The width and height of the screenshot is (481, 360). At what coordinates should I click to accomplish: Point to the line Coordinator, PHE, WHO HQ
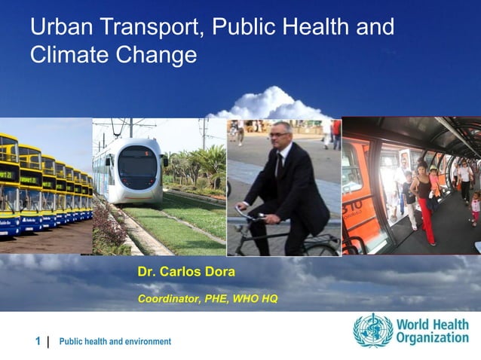(207, 299)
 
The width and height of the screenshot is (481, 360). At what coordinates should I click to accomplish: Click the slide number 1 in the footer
(38, 341)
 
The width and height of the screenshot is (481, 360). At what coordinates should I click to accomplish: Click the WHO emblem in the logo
(372, 330)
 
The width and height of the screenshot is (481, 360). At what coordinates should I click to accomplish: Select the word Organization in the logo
(433, 338)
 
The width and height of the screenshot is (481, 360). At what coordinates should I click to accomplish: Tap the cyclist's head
(282, 136)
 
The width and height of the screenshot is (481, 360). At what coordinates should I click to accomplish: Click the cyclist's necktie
(278, 166)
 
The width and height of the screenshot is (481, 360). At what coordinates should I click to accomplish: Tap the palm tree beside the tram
(211, 162)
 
